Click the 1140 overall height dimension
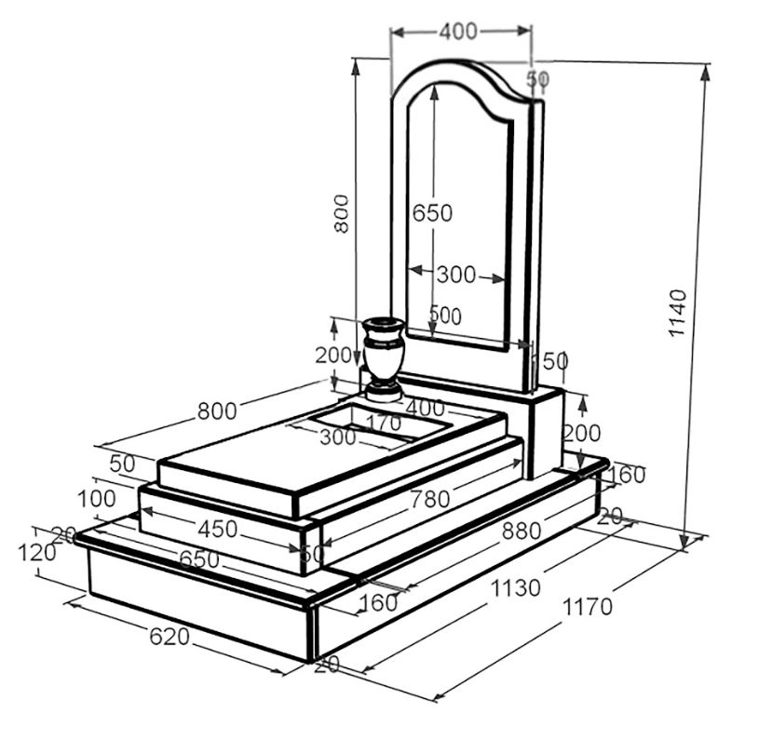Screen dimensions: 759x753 point(677,313)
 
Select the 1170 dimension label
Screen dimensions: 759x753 point(587,606)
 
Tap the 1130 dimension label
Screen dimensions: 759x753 point(516,588)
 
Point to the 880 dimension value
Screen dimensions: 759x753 point(522,531)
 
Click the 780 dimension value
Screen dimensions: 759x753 point(430,499)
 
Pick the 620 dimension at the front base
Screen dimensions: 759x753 point(169,637)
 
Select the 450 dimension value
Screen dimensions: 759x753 point(217,530)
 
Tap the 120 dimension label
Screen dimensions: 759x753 point(37,553)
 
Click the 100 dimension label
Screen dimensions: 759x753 point(97,499)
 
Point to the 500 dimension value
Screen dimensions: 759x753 point(446,316)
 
